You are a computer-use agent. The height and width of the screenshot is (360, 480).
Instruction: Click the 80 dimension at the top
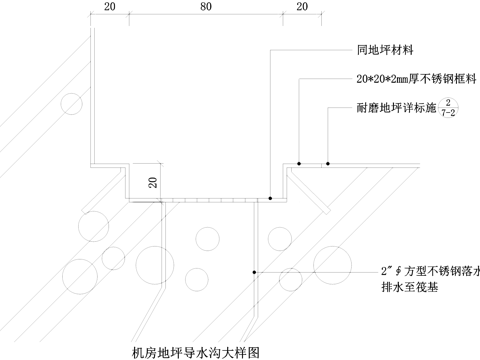(x=205, y=7)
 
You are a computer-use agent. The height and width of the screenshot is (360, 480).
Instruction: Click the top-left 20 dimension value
(x=109, y=7)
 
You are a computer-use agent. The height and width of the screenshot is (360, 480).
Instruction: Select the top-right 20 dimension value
(x=301, y=7)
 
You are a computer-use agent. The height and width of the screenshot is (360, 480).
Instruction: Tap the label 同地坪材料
(x=387, y=49)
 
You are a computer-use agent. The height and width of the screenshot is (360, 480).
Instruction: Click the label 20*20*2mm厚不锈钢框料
(x=415, y=78)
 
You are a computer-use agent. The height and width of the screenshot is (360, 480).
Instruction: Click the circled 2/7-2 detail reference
(x=450, y=106)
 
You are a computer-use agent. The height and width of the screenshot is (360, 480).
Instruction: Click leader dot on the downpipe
(x=257, y=272)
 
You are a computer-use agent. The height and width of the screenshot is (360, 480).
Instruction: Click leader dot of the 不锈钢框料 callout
(x=300, y=160)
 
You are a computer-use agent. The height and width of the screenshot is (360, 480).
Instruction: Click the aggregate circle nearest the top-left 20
(x=71, y=102)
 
